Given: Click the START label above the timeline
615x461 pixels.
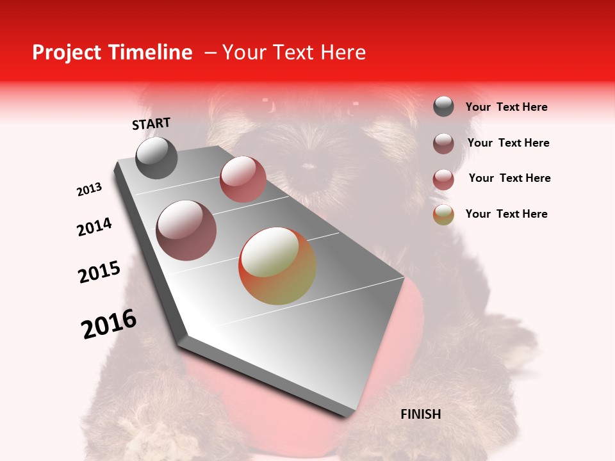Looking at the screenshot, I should pyautogui.click(x=151, y=124).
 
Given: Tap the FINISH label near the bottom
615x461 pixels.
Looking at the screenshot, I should pyautogui.click(x=420, y=414).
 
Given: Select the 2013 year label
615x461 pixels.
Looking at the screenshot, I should pyautogui.click(x=90, y=190).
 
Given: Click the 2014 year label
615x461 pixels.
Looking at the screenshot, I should pyautogui.click(x=94, y=227).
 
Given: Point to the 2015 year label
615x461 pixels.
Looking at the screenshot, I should pyautogui.click(x=99, y=272).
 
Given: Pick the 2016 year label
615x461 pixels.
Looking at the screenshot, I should pyautogui.click(x=109, y=324).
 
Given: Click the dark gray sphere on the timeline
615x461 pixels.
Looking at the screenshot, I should pyautogui.click(x=156, y=158).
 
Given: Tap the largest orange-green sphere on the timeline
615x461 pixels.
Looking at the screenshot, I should pyautogui.click(x=277, y=266).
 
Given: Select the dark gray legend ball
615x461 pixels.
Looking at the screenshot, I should pyautogui.click(x=443, y=107).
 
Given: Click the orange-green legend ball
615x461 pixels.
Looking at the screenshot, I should pyautogui.click(x=443, y=214).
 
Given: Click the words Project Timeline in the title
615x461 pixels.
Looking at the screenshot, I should pyautogui.click(x=112, y=53).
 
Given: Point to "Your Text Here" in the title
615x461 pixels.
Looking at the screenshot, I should pyautogui.click(x=293, y=53).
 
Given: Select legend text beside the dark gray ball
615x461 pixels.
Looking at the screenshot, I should pyautogui.click(x=506, y=108).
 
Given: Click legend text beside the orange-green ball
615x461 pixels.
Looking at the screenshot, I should pyautogui.click(x=506, y=214).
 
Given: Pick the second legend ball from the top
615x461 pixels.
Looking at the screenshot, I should pyautogui.click(x=443, y=143).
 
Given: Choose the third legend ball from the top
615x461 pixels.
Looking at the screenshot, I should pyautogui.click(x=443, y=179).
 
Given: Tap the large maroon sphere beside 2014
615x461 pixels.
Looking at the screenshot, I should pyautogui.click(x=186, y=230).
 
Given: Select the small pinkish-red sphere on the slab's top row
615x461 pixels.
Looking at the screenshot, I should pyautogui.click(x=243, y=179).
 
